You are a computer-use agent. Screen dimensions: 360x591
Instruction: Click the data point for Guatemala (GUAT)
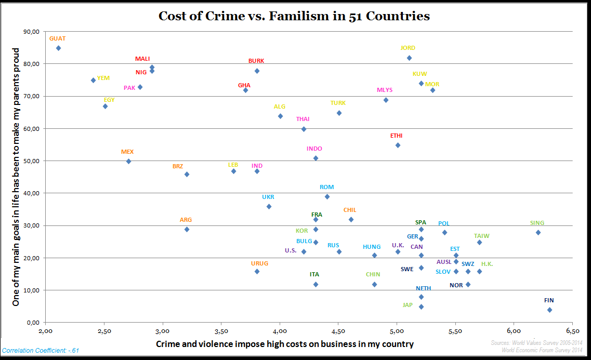(x=58, y=48)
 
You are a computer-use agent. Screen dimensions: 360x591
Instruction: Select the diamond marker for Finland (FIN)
(x=549, y=310)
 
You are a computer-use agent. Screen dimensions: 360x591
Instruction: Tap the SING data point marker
(x=538, y=232)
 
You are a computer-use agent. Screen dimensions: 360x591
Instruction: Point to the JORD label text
(x=408, y=48)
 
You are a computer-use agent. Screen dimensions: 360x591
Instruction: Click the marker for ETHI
(x=398, y=145)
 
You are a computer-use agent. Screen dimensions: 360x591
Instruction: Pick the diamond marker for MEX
(x=128, y=161)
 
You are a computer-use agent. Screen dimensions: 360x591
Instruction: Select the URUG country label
(x=260, y=263)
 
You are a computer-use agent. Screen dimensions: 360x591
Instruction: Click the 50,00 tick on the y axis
(x=32, y=161)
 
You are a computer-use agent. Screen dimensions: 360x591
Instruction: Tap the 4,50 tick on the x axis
(x=338, y=330)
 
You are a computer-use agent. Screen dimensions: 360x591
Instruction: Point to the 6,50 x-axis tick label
(x=572, y=330)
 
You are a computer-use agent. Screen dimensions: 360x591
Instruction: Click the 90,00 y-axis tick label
(x=32, y=32)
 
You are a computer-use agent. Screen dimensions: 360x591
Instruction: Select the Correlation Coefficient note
(x=41, y=351)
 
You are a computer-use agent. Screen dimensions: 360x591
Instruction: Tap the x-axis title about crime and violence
(x=285, y=344)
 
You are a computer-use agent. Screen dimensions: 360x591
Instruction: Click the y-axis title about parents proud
(x=16, y=177)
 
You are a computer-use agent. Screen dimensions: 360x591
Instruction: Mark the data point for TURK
(x=339, y=113)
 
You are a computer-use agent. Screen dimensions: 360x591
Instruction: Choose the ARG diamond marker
(x=187, y=229)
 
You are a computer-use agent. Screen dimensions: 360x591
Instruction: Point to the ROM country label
(x=327, y=187)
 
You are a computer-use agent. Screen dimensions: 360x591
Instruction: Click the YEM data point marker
(x=93, y=80)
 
